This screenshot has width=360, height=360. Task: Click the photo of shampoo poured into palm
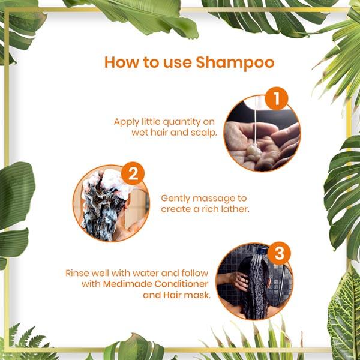pyautogui.click(x=261, y=136)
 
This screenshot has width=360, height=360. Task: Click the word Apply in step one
pyautogui.click(x=127, y=121)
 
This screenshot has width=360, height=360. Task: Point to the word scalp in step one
pyautogui.click(x=203, y=132)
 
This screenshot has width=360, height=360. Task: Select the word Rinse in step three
pyautogui.click(x=77, y=273)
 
